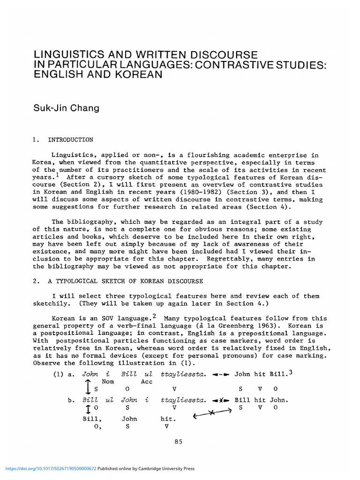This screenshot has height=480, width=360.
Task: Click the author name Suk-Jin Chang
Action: (65, 109)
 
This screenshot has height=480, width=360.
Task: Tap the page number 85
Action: (178, 442)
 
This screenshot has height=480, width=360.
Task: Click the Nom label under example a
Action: (108, 382)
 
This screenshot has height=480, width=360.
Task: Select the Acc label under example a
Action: (147, 382)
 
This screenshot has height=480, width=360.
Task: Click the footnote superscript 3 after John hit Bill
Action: (291, 373)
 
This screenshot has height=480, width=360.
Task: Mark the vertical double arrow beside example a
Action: (87, 385)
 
